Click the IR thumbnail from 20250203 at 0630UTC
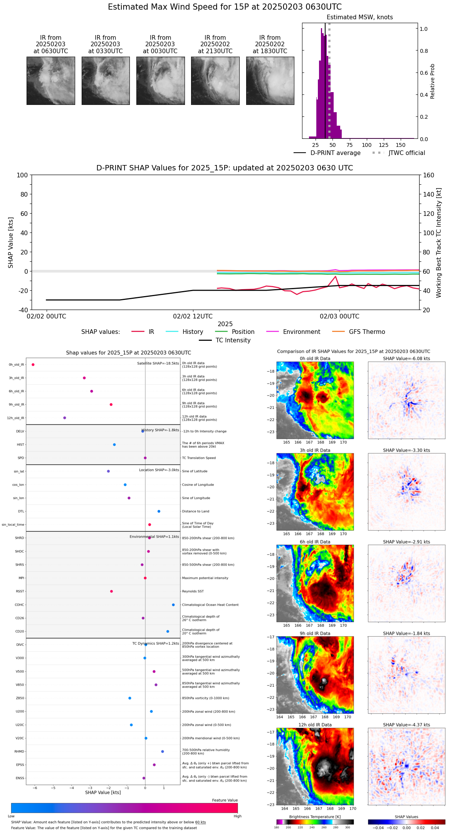point(50,81)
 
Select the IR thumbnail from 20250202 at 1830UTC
point(270,81)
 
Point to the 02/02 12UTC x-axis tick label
point(193,317)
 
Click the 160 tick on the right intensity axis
point(428,175)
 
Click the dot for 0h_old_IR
point(33,365)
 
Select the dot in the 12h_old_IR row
point(65,418)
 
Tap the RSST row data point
point(111,591)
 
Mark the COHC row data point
point(173,605)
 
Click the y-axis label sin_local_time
point(13,525)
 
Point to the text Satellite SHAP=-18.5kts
point(158,364)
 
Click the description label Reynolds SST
point(193,591)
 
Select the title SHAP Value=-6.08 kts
point(406,359)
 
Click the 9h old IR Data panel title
point(315,633)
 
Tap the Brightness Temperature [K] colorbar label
point(315,817)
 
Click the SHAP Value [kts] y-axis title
point(11,243)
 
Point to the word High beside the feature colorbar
point(237,816)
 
